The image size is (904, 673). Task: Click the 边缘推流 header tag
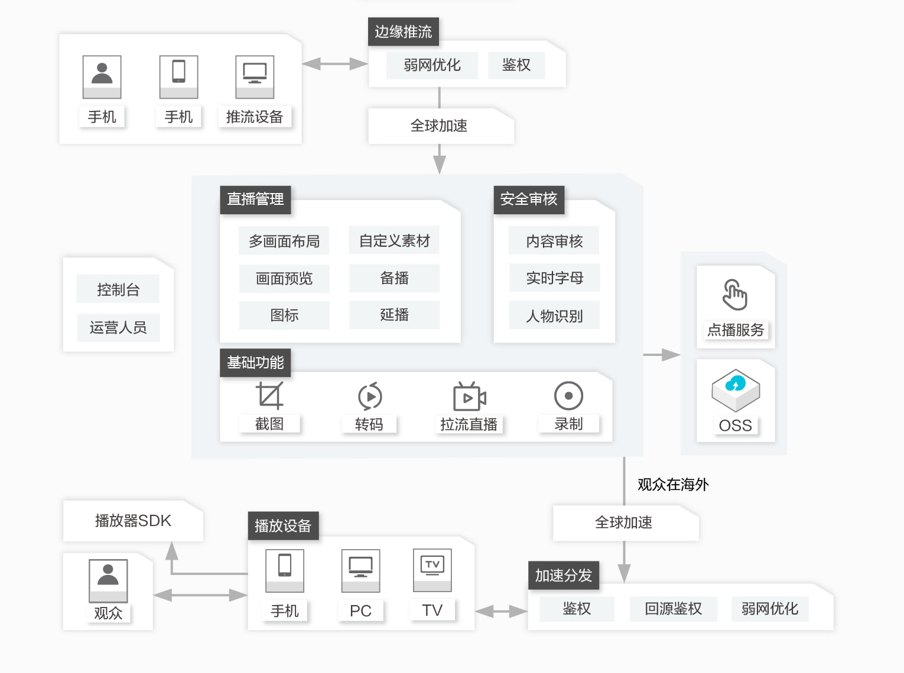[403, 31]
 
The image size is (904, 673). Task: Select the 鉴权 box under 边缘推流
[516, 65]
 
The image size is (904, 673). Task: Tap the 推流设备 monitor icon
[255, 77]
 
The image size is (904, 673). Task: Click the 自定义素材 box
[394, 240]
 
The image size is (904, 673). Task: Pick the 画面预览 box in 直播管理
[284, 279]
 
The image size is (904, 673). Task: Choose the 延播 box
[394, 315]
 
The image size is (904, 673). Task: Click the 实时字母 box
[554, 278]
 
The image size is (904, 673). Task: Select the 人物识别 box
[554, 315]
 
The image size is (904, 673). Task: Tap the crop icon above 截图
[269, 395]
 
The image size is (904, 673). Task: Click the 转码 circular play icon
[370, 396]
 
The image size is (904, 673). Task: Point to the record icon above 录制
[568, 396]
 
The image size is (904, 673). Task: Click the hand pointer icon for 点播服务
[734, 295]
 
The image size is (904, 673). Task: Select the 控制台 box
[118, 289]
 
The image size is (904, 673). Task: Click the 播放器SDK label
[133, 521]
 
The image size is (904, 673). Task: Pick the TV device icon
[432, 570]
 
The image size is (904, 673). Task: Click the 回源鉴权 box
[673, 609]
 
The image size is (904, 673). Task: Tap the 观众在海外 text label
[673, 484]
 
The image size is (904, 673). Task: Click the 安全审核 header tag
[529, 200]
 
